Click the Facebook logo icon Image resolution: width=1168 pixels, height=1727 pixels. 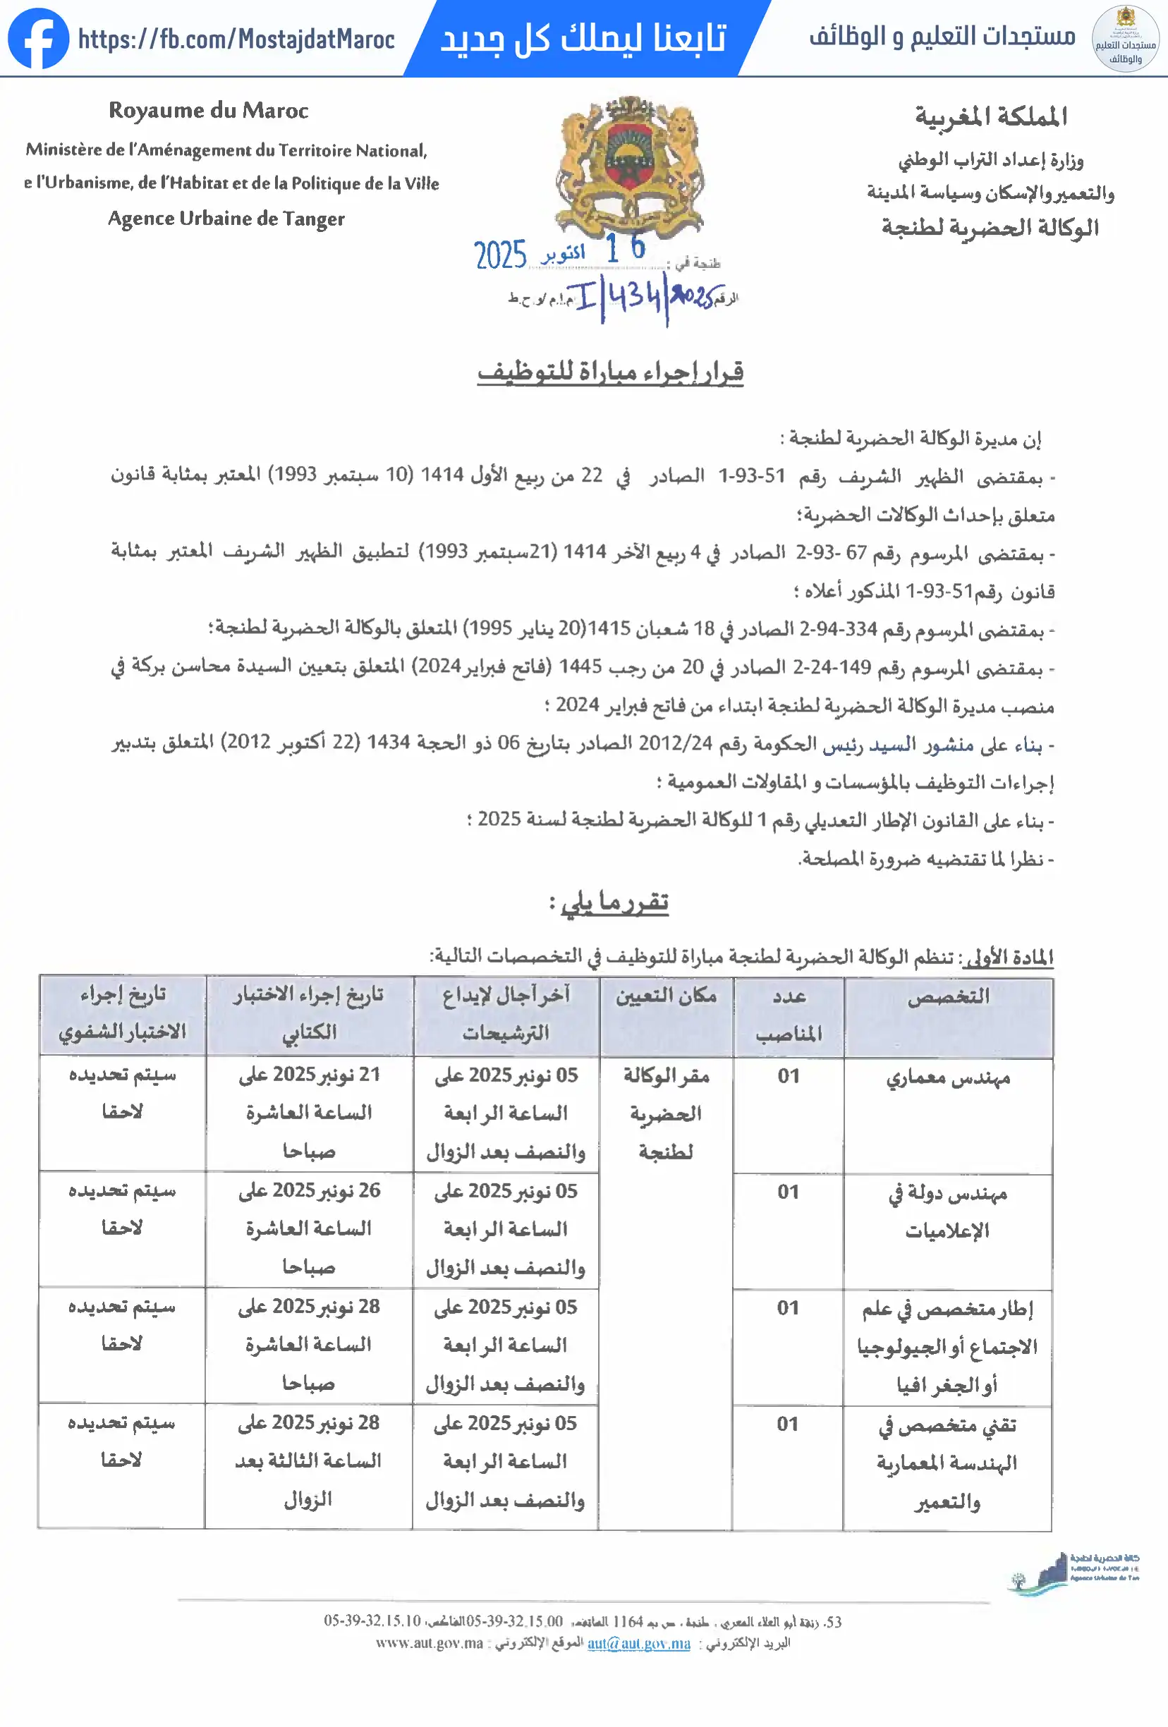click(x=38, y=39)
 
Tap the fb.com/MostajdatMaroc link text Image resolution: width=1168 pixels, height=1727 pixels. click(x=236, y=39)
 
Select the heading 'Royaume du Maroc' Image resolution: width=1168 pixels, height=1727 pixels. click(x=208, y=111)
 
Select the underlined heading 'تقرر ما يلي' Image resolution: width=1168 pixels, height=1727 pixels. click(x=614, y=901)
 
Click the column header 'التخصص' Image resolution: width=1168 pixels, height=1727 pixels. click(x=948, y=996)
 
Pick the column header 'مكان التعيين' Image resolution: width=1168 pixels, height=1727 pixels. click(x=665, y=996)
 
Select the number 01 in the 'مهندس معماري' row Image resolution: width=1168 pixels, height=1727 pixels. click(x=788, y=1076)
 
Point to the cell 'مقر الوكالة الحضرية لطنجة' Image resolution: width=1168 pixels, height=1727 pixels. click(x=665, y=1113)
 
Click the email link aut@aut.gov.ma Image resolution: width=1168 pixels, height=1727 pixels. click(x=638, y=1643)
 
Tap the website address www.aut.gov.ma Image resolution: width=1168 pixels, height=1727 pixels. click(x=429, y=1643)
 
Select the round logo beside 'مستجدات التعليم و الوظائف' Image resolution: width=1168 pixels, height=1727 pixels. click(x=1125, y=39)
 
